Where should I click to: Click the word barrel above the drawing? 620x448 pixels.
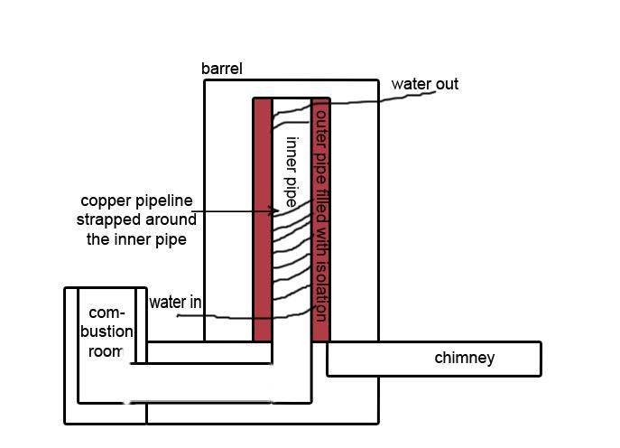pyautogui.click(x=222, y=69)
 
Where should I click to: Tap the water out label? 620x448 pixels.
pyautogui.click(x=424, y=84)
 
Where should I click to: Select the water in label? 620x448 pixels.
pyautogui.click(x=175, y=303)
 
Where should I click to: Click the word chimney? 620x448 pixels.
pyautogui.click(x=465, y=358)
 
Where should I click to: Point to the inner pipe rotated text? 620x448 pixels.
pyautogui.click(x=291, y=172)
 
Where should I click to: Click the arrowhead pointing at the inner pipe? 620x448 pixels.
pyautogui.click(x=275, y=212)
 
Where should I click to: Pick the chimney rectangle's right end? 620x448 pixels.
pyautogui.click(x=539, y=358)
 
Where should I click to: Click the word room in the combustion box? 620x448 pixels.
pyautogui.click(x=105, y=351)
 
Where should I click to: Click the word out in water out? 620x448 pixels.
pyautogui.click(x=445, y=84)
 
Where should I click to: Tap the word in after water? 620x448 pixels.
pyautogui.click(x=195, y=303)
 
